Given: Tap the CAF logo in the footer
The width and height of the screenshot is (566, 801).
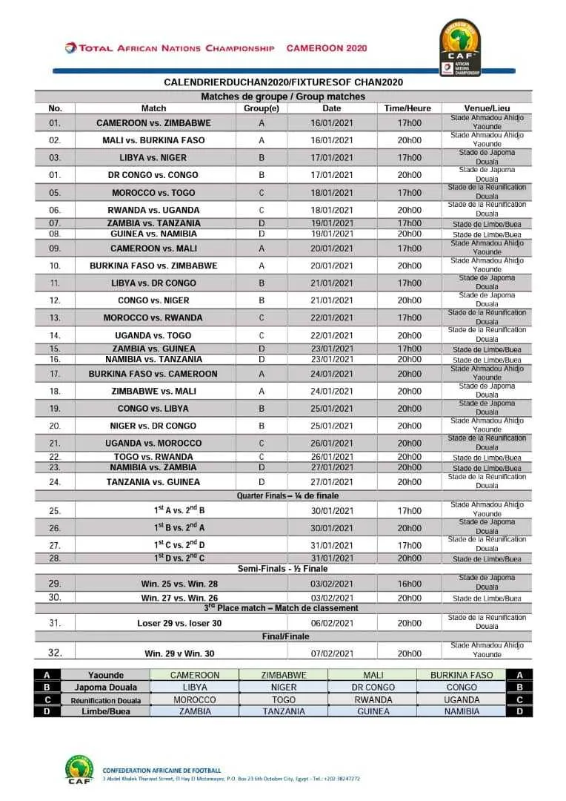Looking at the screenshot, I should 79,772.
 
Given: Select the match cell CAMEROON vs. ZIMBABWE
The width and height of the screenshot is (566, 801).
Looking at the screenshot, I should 153,123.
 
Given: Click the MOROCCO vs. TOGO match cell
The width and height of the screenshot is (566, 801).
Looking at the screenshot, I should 153,193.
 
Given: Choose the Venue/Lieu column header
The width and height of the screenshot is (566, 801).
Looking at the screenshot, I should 487,108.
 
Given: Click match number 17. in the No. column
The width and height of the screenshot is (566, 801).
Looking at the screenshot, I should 55,374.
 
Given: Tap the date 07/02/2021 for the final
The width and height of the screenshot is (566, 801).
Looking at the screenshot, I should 332,653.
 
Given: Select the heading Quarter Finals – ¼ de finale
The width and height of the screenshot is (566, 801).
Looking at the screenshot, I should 288,495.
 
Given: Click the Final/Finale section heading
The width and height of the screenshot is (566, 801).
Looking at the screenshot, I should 285,636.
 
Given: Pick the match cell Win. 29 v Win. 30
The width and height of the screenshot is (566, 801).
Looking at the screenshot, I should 179,653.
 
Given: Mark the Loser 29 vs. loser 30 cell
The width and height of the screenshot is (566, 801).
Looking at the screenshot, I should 179,623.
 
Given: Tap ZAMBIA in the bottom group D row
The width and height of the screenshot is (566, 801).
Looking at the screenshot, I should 195,711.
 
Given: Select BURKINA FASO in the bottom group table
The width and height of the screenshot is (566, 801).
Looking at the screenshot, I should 461,676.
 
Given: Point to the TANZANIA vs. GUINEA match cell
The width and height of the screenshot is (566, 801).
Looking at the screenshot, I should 153,482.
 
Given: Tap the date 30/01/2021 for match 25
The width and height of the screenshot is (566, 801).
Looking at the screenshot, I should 332,510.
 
